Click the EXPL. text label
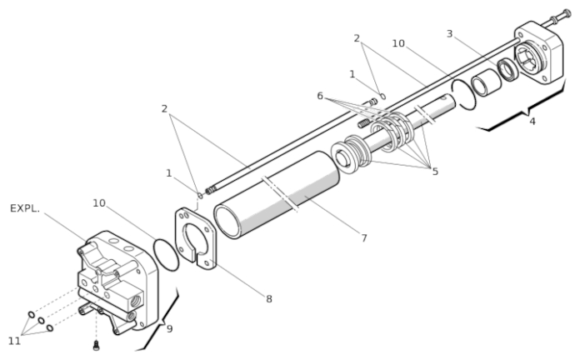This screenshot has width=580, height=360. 24,208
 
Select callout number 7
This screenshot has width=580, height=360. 364,237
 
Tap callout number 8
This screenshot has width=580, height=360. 269,298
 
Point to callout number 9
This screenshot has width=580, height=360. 169,328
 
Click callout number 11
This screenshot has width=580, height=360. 14,341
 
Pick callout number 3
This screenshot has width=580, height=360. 449,34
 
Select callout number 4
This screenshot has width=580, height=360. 532,121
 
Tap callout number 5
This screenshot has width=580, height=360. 435,172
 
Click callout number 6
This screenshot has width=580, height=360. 320,96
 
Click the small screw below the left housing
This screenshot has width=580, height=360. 96,346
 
